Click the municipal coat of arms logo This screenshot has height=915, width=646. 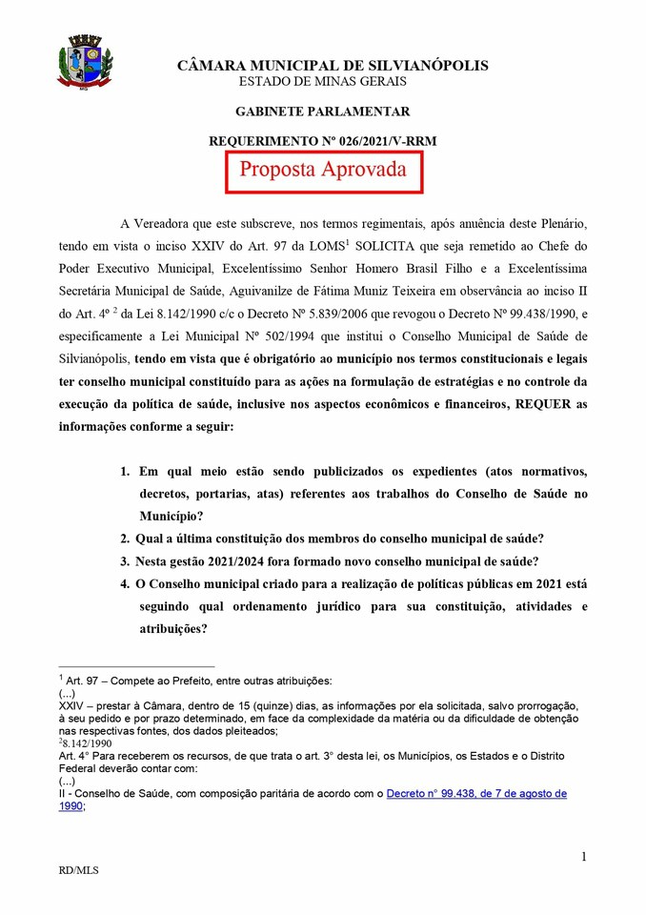click(x=87, y=63)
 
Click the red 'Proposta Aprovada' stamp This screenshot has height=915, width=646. click(x=323, y=171)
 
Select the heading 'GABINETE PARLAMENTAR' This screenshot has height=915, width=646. click(x=322, y=112)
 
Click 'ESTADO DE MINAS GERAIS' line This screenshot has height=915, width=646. click(x=333, y=82)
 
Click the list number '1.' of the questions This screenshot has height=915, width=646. click(x=126, y=472)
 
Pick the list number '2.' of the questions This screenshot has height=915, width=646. click(x=126, y=539)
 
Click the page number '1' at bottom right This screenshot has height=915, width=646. click(x=583, y=857)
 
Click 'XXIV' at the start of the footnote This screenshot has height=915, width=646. click(x=71, y=706)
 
